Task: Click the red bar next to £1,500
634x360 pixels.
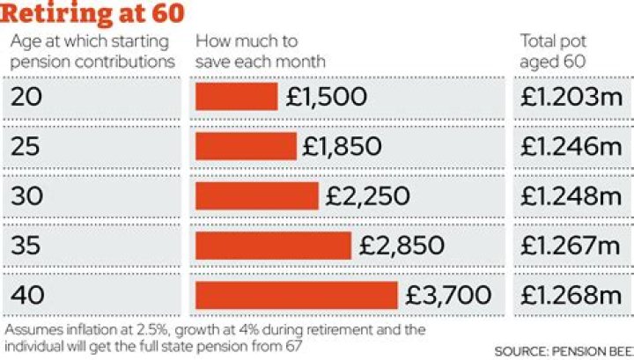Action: coord(236,98)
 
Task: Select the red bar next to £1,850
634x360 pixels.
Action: coord(246,147)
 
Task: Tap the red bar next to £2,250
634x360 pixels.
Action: coord(256,196)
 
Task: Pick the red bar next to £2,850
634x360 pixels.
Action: coord(273,246)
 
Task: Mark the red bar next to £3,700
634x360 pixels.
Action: coord(297,295)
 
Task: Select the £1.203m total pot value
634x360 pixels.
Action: coord(571,98)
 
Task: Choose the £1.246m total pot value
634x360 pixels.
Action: coord(571,147)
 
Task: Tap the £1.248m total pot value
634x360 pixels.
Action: coord(571,196)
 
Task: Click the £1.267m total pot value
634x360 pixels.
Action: coord(571,246)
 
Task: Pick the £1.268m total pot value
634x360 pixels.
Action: coord(571,295)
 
